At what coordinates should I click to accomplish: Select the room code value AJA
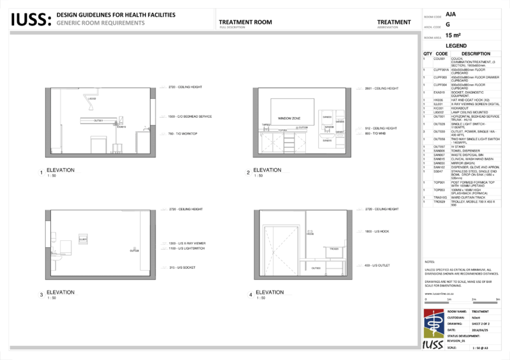(451, 13)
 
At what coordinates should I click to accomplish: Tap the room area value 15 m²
(453, 36)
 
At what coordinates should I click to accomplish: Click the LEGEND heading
(456, 46)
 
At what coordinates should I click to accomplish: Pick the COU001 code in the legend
(439, 58)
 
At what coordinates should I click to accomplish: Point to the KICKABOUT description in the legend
(461, 108)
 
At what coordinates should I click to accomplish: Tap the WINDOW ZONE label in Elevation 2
(288, 119)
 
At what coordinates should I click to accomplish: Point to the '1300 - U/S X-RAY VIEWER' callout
(188, 243)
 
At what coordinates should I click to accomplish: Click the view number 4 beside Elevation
(250, 295)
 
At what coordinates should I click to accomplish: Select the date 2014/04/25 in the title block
(480, 330)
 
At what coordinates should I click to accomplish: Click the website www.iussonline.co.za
(439, 293)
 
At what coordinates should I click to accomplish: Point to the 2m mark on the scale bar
(472, 298)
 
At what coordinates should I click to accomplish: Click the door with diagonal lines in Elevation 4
(284, 250)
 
